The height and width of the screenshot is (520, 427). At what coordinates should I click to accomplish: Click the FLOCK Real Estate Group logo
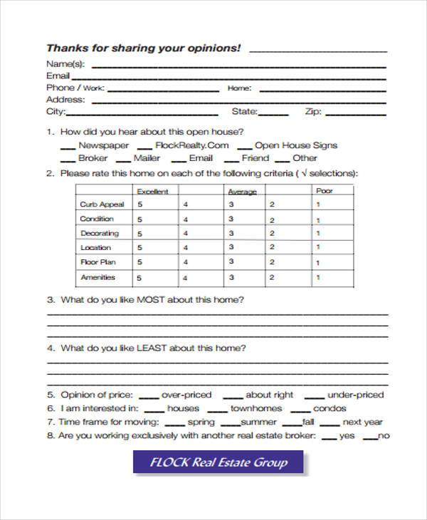click(x=218, y=462)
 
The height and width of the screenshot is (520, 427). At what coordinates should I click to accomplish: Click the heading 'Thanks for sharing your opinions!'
click(x=143, y=48)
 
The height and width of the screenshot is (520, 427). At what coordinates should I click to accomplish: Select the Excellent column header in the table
click(x=152, y=191)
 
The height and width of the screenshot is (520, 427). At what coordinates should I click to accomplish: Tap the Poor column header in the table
click(x=324, y=191)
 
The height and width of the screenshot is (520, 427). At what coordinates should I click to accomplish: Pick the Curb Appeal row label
click(x=102, y=204)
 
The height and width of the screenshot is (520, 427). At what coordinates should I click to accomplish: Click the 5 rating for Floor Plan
click(x=140, y=262)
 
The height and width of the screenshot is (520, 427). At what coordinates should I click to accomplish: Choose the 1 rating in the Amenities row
click(x=318, y=278)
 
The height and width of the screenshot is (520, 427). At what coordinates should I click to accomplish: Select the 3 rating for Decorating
click(x=231, y=233)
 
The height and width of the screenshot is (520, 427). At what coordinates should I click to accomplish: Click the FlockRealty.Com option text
click(x=191, y=145)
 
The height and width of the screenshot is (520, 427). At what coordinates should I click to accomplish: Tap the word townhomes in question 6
click(x=255, y=409)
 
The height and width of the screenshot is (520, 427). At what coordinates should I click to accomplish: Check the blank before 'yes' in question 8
click(x=330, y=437)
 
